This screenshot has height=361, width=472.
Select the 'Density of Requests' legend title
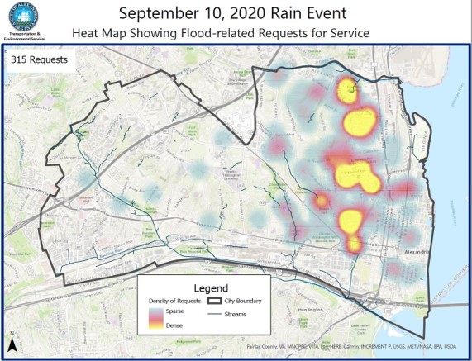tap(179, 302)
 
